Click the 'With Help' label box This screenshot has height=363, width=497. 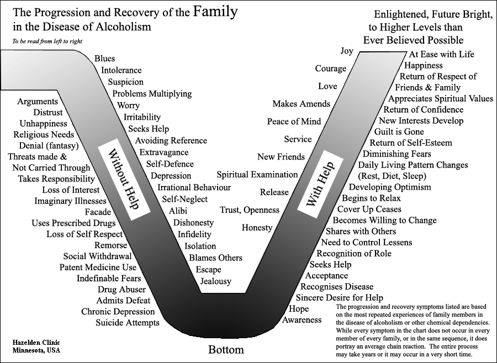tap(320, 184)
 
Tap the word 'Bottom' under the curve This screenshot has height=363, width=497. tap(226, 350)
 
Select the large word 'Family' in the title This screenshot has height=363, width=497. tap(215, 12)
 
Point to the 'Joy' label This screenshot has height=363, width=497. tap(347, 51)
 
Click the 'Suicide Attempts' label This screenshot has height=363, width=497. tap(128, 323)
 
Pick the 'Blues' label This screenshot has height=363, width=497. tap(104, 58)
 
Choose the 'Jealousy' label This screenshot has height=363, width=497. tap(215, 281)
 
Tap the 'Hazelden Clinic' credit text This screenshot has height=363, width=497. tap(36, 343)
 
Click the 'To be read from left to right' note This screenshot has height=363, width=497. tap(47, 41)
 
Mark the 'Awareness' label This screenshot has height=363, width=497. tap(302, 320)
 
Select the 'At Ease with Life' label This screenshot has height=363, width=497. tap(442, 54)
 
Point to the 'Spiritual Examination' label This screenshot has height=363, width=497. tap(257, 174)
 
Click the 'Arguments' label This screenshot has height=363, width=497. tap(38, 102)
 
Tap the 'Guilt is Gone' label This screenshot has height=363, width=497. tap(399, 131)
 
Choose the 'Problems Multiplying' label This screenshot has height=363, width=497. tap(152, 94)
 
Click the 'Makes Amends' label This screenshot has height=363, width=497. tap(302, 104)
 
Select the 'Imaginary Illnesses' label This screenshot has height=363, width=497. tap(70, 201)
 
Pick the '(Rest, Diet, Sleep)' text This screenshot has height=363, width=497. tap(392, 176)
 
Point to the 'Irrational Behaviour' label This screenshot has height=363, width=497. tap(194, 188)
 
